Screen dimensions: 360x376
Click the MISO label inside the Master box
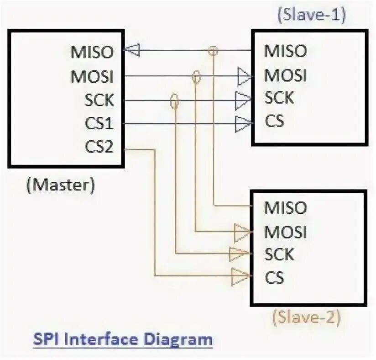coord(91,52)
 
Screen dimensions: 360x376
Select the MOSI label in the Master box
coord(91,76)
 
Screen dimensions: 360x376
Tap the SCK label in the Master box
coord(99,100)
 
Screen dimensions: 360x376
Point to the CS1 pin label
coord(99,124)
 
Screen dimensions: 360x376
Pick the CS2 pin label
coord(99,148)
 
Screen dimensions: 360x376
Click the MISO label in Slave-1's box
coord(285,51)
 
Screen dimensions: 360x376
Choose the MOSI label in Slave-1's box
coord(285,74)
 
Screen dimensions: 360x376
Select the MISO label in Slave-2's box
coord(285,208)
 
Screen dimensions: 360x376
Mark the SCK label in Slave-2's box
coord(279,254)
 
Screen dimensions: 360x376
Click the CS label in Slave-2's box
coord(275,277)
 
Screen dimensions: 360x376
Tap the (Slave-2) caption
coord(307,317)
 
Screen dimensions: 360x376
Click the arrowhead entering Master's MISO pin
coord(132,50)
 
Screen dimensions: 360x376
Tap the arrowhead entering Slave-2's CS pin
coord(240,276)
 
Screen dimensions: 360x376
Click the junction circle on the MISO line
coord(212,50)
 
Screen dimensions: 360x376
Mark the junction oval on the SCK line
coord(174,101)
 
